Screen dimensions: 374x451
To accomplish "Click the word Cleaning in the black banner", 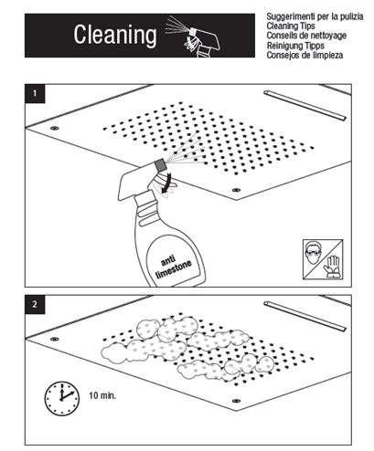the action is pyautogui.click(x=115, y=35).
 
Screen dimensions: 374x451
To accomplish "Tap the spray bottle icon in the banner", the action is pyautogui.click(x=193, y=37).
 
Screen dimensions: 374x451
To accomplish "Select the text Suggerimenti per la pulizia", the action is pyautogui.click(x=315, y=16).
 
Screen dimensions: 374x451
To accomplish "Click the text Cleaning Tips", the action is pyautogui.click(x=291, y=26).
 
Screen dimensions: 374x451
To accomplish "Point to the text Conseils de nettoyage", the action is pyautogui.click(x=306, y=36).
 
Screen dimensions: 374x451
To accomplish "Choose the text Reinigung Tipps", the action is pyautogui.click(x=295, y=46).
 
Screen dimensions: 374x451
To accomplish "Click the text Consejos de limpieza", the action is pyautogui.click(x=305, y=56).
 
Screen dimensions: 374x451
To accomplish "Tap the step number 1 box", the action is pyautogui.click(x=35, y=93).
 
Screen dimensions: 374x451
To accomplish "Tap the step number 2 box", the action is pyautogui.click(x=35, y=304).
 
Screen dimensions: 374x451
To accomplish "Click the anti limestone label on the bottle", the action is pyautogui.click(x=173, y=267).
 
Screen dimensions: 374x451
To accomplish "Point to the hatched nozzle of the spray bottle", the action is pyautogui.click(x=160, y=165).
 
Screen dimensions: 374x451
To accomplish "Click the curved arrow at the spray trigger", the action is pyautogui.click(x=166, y=184).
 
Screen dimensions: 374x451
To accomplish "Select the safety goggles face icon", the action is pyautogui.click(x=314, y=252).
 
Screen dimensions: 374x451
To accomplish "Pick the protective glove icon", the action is pyautogui.click(x=332, y=267).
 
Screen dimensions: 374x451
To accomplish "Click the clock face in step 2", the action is pyautogui.click(x=62, y=398).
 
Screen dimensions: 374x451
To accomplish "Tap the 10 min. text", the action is pyautogui.click(x=102, y=395).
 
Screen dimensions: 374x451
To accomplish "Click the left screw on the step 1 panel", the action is pyautogui.click(x=55, y=128).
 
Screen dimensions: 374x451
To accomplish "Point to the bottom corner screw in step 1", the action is pyautogui.click(x=236, y=190).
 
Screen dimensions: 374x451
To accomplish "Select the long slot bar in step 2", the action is pyautogui.click(x=305, y=317).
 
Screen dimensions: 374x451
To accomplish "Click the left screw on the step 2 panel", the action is pyautogui.click(x=55, y=339).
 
